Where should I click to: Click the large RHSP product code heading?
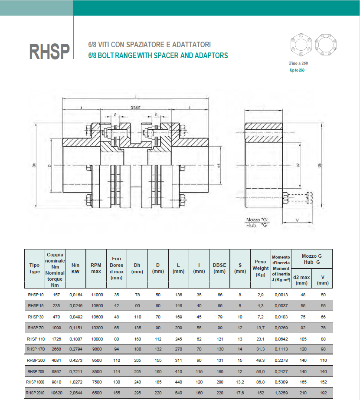coord(49,51)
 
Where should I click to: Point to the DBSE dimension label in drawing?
coord(138,108)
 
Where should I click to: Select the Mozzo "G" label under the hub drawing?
coord(258,220)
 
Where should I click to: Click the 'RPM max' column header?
coord(96,268)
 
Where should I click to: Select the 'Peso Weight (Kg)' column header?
coord(260,268)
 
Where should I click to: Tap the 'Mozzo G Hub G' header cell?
coord(311,259)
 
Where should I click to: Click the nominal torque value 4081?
coord(56,360)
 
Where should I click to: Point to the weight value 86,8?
coord(260,382)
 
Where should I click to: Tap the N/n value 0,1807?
coord(75,338)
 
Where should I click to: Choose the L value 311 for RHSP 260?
coord(178,360)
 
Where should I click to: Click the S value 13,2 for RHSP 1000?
coord(240,382)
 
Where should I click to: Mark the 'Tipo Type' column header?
coord(35,268)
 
